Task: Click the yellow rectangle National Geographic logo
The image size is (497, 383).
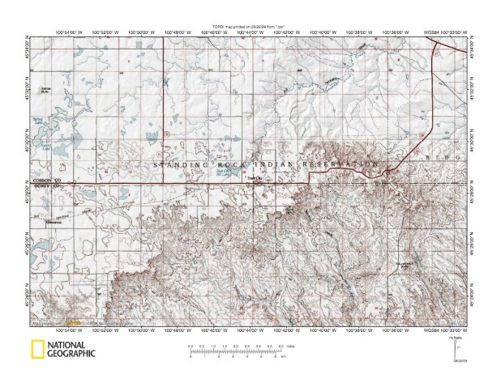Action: pos(36,351)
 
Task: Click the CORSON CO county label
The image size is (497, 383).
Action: pos(46,180)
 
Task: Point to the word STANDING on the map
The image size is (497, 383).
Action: pos(175,165)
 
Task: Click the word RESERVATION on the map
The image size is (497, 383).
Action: pos(340,165)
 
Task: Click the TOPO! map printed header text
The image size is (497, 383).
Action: pos(248,27)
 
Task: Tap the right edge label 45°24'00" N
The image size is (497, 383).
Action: pos(472,294)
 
